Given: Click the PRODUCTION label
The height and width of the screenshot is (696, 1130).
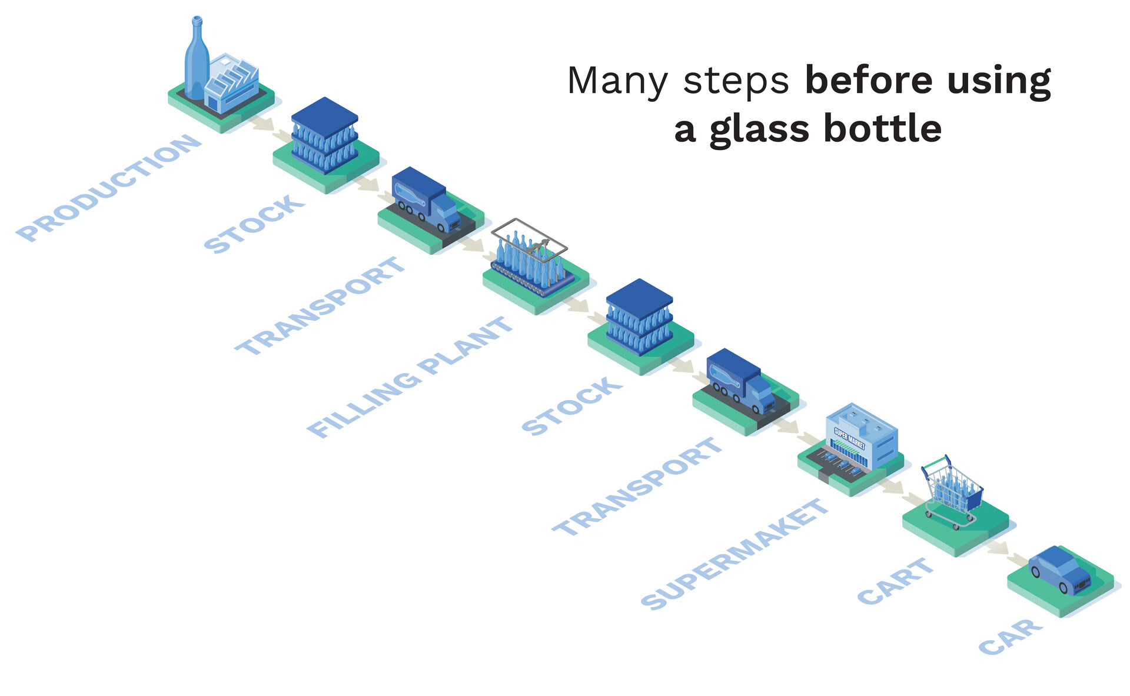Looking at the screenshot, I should tap(109, 187).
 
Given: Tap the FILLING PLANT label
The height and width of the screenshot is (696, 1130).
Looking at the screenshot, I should tap(410, 377).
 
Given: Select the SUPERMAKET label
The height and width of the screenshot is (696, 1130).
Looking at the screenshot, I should tap(734, 554).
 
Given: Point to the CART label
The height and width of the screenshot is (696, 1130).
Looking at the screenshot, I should tap(895, 581).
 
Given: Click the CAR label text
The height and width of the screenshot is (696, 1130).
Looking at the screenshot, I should tap(1010, 637).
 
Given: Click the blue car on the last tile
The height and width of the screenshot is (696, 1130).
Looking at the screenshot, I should tap(1059, 570).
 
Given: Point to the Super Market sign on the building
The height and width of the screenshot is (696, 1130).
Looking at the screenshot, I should tap(849, 438).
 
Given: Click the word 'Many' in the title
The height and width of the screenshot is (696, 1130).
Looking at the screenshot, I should tap(617, 81).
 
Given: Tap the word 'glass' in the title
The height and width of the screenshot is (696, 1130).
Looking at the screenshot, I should tap(759, 129).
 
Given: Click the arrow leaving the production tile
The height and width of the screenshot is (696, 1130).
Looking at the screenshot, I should tap(262, 124).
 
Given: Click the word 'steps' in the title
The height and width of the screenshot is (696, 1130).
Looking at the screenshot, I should tap(736, 81).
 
